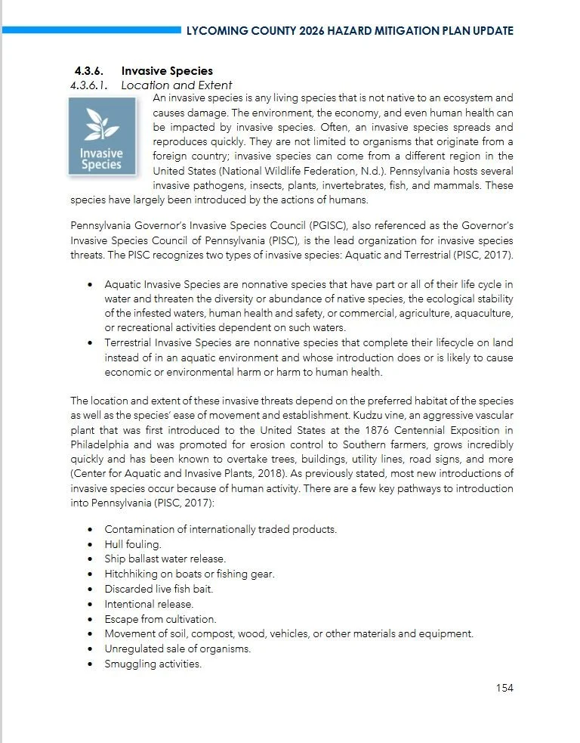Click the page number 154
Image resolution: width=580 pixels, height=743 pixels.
(x=504, y=687)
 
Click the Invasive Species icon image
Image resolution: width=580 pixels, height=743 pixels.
(x=101, y=137)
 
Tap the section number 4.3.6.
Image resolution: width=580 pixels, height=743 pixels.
(x=88, y=72)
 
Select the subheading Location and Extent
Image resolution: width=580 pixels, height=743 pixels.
(x=177, y=85)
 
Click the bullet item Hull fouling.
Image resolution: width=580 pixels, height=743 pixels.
(x=133, y=543)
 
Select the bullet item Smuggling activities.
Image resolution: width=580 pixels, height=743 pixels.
(x=153, y=664)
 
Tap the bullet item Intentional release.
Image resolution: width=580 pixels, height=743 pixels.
(x=149, y=604)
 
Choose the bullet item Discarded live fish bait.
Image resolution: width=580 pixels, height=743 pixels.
(x=159, y=589)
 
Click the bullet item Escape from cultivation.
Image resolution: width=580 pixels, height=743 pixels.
(x=160, y=619)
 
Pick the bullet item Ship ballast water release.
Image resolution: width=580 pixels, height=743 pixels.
(x=165, y=559)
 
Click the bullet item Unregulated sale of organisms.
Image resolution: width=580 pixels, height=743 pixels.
(x=177, y=649)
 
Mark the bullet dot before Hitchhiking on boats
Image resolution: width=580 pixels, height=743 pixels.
(x=90, y=574)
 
